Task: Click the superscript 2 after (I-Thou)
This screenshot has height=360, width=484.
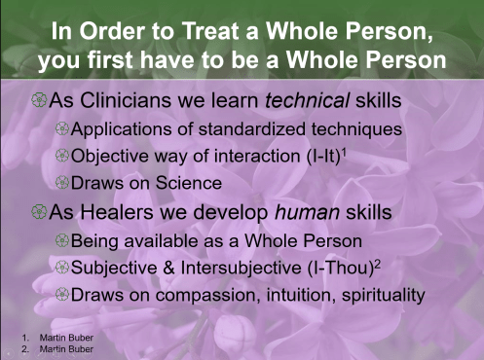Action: tap(378, 258)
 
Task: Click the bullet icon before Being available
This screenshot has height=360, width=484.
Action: tap(62, 237)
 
